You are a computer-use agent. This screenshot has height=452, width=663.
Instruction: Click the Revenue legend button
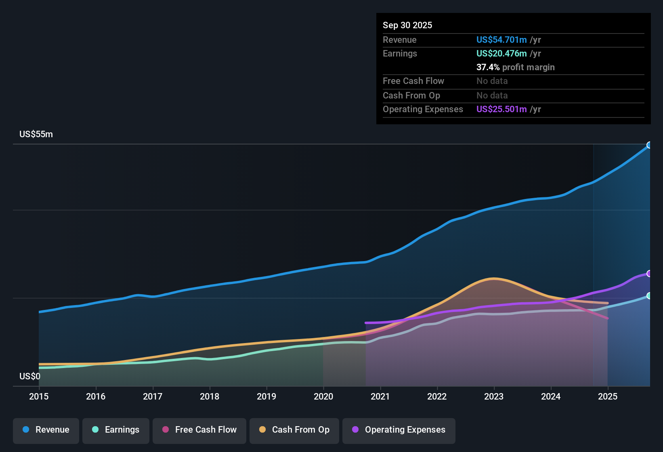[46, 430]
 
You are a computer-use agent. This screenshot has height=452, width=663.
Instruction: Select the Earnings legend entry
[116, 430]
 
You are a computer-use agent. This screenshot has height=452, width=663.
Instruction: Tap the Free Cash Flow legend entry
[199, 430]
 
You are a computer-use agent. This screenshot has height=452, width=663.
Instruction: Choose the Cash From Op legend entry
[294, 430]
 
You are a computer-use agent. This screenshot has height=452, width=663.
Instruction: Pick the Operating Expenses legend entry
[399, 430]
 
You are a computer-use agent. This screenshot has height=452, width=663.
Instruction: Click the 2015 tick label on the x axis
[39, 397]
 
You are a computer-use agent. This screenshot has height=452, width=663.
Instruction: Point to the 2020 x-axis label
[323, 397]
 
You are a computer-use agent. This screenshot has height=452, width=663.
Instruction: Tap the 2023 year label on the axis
[494, 397]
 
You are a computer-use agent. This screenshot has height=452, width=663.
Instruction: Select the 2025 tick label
[608, 397]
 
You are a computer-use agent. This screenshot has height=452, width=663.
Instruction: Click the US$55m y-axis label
[36, 134]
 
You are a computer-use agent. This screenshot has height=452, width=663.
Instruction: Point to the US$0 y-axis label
[30, 377]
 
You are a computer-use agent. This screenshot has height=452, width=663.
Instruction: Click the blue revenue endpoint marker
[649, 145]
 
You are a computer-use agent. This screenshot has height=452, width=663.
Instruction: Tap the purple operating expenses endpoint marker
[649, 274]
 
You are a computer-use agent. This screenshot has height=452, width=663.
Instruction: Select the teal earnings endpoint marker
[649, 296]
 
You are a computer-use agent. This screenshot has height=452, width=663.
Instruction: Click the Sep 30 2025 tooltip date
[407, 25]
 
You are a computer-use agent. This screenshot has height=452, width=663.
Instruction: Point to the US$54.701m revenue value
[501, 40]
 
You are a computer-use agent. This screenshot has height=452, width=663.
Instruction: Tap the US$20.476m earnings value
[501, 54]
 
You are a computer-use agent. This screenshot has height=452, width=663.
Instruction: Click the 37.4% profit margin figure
[488, 67]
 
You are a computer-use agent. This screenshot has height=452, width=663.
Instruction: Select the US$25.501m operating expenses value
[501, 109]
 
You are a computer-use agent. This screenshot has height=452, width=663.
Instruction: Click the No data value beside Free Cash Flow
[492, 81]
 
